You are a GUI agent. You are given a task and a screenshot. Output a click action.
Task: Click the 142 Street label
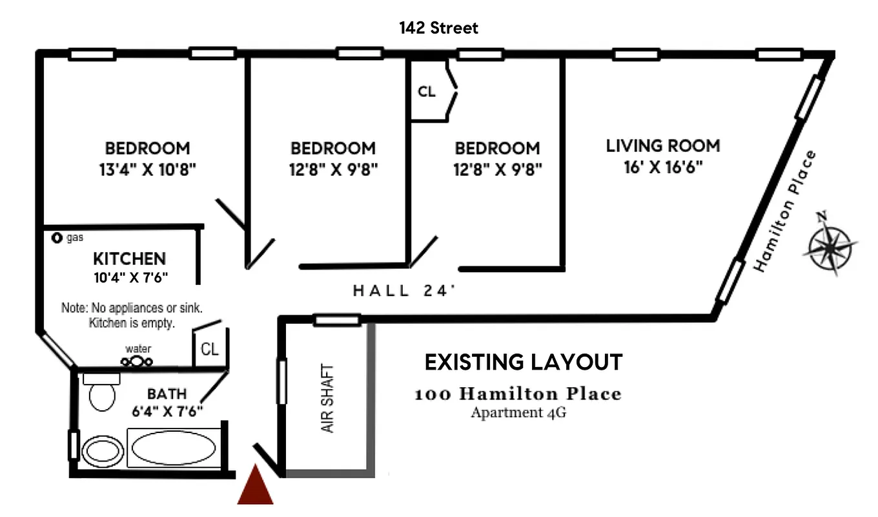438,28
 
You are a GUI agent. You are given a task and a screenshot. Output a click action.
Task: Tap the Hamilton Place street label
784,212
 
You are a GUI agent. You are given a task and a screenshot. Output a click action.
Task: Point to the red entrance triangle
255,486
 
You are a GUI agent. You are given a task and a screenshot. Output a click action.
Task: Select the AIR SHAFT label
327,399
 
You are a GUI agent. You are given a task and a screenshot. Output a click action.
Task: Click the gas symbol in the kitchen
57,238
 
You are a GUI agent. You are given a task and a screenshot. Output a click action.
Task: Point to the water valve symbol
136,361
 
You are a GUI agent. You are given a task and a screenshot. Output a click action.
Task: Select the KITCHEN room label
130,258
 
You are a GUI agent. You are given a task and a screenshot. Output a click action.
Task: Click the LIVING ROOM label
662,146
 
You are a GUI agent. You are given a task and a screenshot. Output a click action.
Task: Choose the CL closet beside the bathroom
209,350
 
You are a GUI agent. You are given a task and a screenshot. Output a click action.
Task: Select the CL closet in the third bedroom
427,91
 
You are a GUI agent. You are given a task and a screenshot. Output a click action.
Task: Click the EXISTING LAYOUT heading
523,363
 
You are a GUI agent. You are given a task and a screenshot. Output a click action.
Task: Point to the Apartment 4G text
518,413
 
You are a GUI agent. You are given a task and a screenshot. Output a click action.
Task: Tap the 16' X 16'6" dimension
663,167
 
